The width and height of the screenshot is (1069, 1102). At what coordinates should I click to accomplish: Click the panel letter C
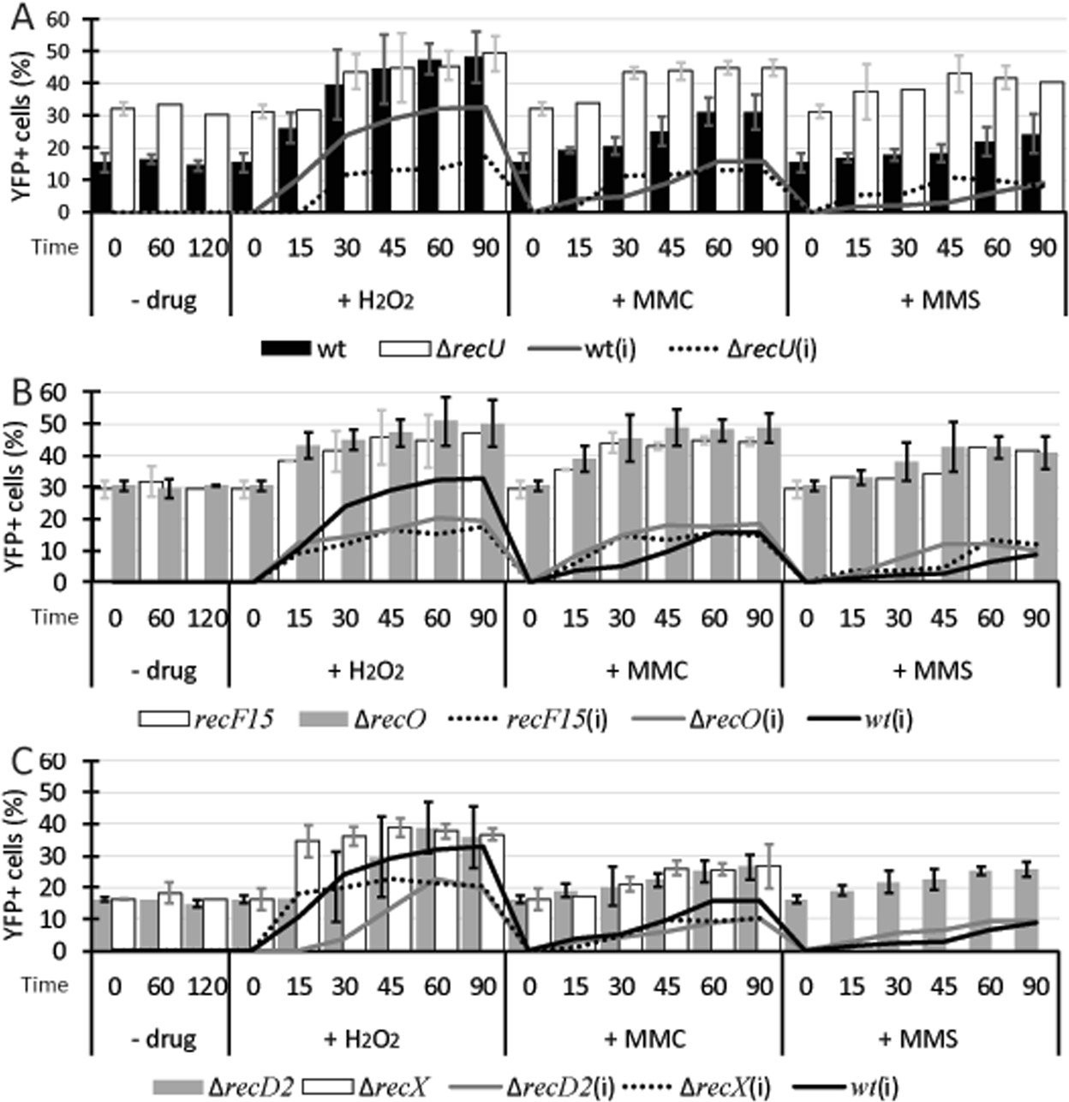[17, 761]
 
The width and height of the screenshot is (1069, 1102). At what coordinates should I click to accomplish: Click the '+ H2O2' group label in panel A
[369, 301]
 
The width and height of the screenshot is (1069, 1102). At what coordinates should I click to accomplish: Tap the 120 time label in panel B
[207, 617]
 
